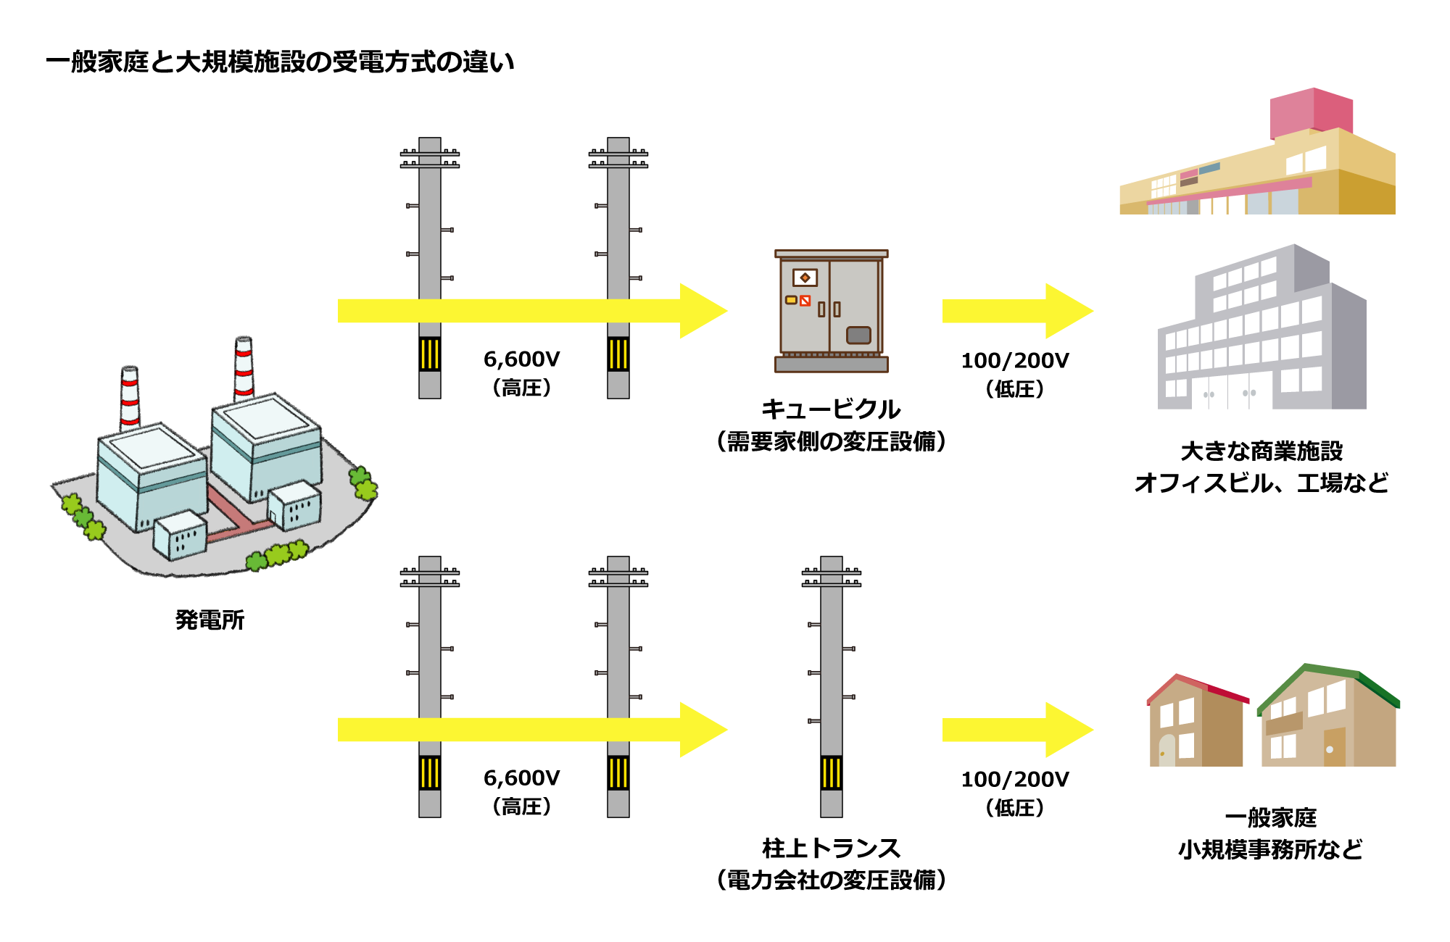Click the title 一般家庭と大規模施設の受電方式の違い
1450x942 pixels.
coord(280,62)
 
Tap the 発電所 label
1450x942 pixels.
coord(210,620)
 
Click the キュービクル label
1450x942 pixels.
coord(831,409)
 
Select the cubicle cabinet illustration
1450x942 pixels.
coord(831,312)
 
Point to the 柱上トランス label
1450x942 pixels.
coord(831,848)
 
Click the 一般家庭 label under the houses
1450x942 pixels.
coord(1270,818)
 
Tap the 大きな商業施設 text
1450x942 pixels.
coord(1261,451)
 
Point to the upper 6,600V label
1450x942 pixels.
coord(521,359)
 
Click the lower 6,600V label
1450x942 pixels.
coord(521,778)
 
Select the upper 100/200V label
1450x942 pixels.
coord(1014,361)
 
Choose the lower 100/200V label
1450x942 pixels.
coord(1014,780)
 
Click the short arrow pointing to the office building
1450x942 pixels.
coord(1015,311)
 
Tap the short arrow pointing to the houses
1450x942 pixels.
coord(1015,730)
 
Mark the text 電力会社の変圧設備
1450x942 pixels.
coord(831,880)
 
